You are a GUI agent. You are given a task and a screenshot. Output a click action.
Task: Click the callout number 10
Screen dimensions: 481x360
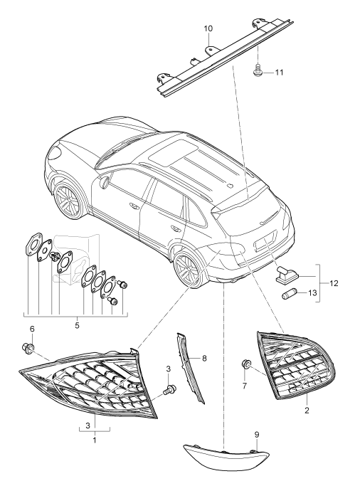coord(208,28)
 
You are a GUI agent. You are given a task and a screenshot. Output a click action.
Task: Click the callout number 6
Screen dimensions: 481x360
coord(31,329)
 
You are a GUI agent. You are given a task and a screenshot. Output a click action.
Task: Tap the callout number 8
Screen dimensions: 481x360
coord(204,358)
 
